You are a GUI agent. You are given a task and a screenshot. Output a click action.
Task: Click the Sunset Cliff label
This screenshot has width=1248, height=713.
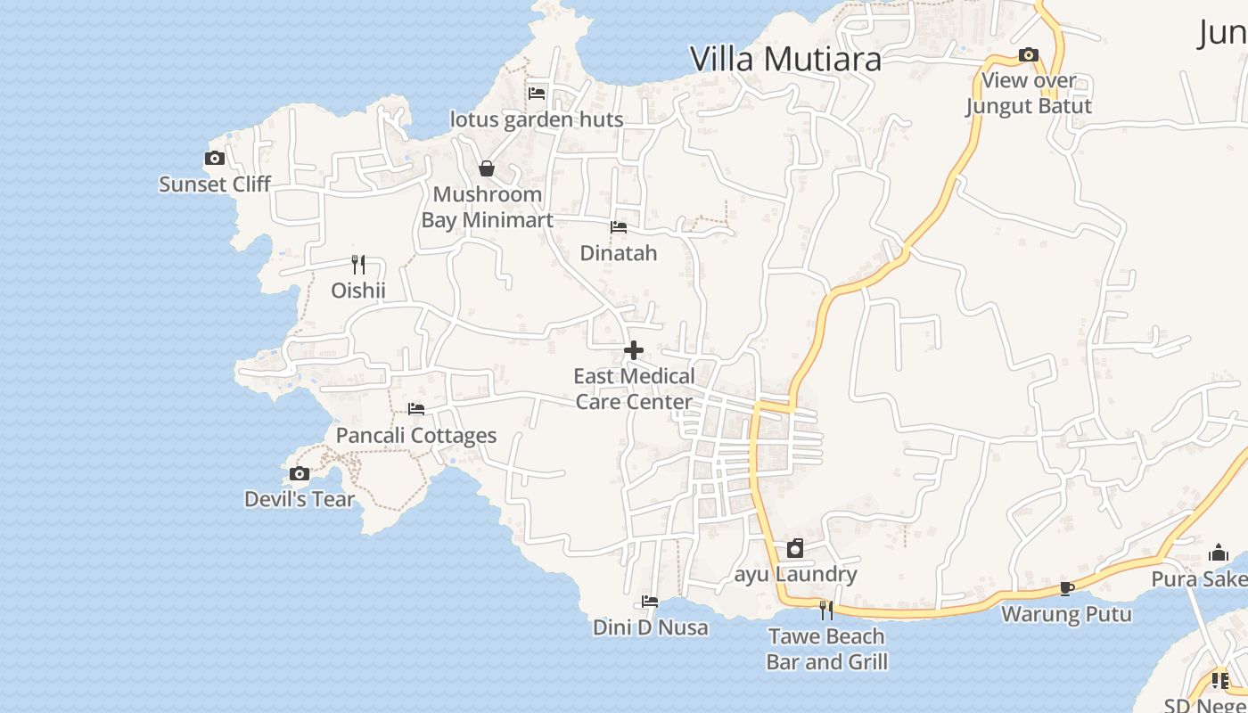click(215, 184)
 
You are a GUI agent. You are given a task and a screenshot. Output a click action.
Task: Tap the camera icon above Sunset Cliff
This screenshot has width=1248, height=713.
click(215, 159)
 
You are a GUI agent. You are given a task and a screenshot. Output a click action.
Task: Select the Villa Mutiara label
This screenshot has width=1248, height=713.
click(786, 59)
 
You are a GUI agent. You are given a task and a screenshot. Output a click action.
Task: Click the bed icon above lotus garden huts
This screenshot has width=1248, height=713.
click(537, 93)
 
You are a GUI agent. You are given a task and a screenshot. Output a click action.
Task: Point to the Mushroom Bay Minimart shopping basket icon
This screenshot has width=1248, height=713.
click(487, 168)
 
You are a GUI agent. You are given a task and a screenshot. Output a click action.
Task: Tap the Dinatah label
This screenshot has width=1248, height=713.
click(619, 253)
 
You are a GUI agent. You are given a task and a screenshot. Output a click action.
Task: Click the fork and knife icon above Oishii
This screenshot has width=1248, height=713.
click(358, 265)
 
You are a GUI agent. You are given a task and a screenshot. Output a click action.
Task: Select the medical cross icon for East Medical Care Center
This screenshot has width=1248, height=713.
click(634, 351)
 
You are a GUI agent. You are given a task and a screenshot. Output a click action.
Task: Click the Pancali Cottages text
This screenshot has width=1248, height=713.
click(416, 436)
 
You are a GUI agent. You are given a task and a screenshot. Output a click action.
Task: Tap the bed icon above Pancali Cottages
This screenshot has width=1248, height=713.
click(416, 410)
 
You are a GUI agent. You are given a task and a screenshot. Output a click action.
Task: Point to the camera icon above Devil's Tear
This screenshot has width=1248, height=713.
click(300, 474)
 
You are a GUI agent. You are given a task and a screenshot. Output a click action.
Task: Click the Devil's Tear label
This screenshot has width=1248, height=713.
click(300, 500)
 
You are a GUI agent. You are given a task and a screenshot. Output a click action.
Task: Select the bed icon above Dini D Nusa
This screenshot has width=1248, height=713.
click(650, 602)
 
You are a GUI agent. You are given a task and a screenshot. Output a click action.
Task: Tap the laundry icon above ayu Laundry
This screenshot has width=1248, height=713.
click(795, 548)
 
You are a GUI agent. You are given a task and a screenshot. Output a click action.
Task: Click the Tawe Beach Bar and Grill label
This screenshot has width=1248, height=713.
click(826, 649)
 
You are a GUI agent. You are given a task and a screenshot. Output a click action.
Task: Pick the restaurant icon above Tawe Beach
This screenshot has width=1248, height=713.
click(826, 611)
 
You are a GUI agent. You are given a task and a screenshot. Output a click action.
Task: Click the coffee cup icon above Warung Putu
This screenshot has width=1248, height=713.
click(1066, 588)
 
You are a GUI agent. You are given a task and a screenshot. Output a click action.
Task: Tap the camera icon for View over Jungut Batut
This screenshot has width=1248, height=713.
click(1029, 55)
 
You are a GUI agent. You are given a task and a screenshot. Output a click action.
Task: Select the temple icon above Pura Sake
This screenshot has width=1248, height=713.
click(1219, 553)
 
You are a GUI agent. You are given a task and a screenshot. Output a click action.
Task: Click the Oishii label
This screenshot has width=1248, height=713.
click(358, 291)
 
